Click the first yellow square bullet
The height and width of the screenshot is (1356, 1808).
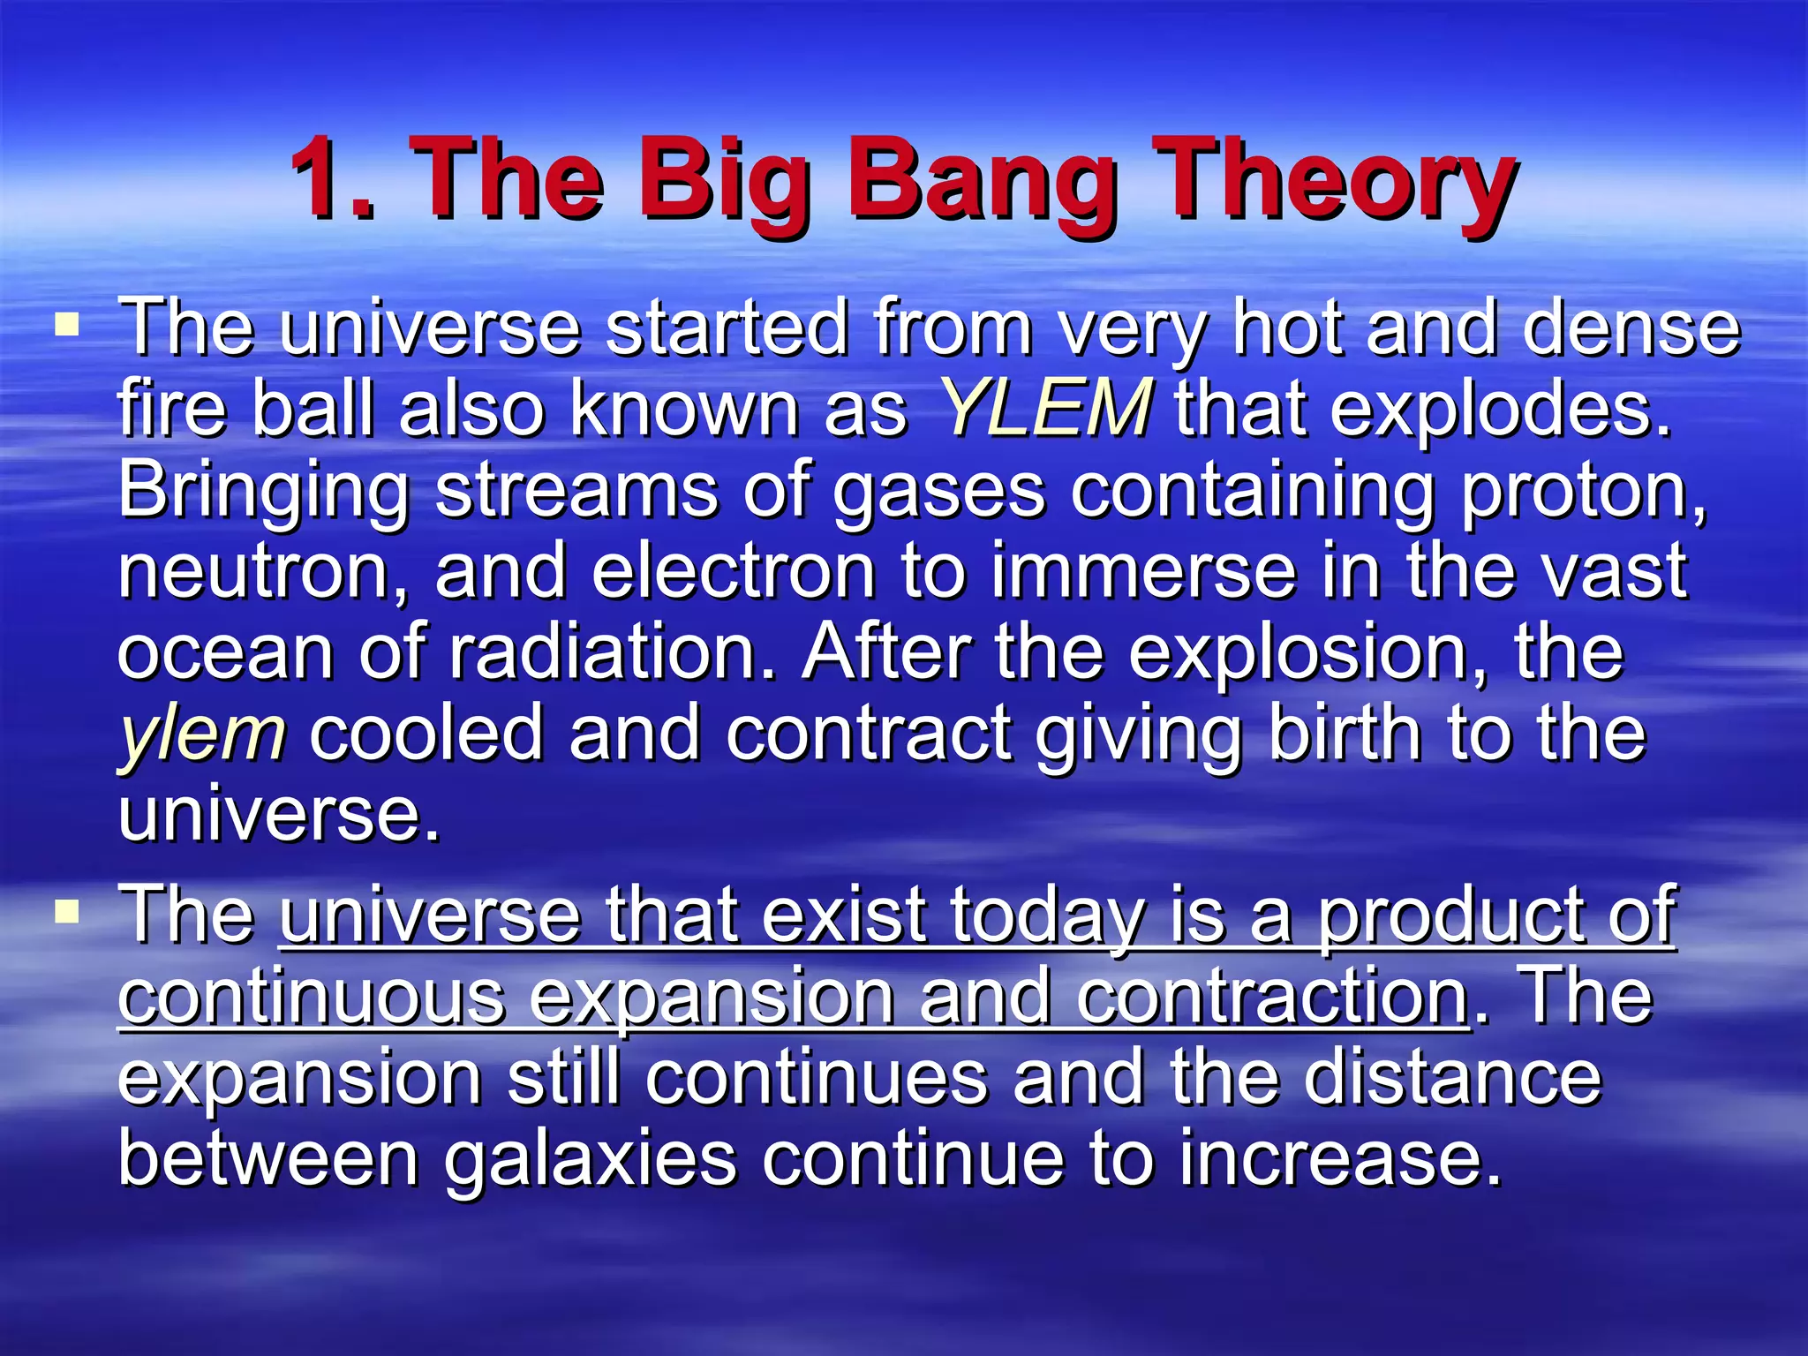(x=67, y=326)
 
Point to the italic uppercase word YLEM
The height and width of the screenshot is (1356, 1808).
(x=1044, y=409)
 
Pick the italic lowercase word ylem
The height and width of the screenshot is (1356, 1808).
(x=202, y=735)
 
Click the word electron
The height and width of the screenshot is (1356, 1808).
(x=733, y=571)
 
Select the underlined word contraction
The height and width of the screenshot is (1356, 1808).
(x=1272, y=997)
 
